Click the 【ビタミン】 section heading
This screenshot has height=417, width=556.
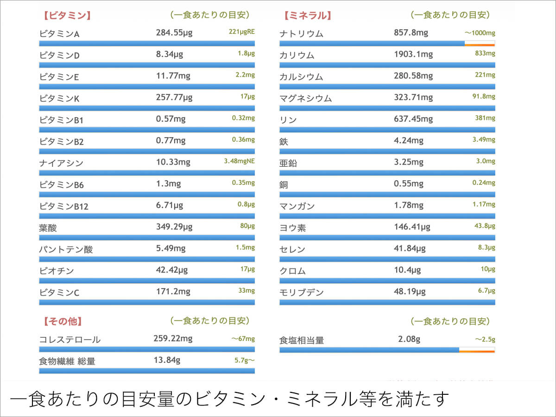pyautogui.click(x=67, y=15)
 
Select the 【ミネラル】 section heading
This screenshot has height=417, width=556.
pyautogui.click(x=308, y=15)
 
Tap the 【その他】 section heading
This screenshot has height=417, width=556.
pyautogui.click(x=63, y=321)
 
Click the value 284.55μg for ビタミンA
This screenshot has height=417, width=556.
pyautogui.click(x=174, y=33)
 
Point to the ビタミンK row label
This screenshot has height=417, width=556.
pyautogui.click(x=59, y=98)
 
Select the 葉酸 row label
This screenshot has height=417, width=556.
pyautogui.click(x=48, y=228)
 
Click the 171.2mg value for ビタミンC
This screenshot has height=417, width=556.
pyautogui.click(x=173, y=292)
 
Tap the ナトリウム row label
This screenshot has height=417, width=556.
pyautogui.click(x=302, y=34)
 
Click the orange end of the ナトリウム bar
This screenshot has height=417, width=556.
pyautogui.click(x=480, y=44)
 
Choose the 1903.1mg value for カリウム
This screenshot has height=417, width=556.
pyautogui.click(x=413, y=55)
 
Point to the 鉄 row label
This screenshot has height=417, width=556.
pyautogui.click(x=284, y=141)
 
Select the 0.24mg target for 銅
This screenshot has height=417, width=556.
pyautogui.click(x=484, y=183)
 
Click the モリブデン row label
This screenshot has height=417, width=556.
pyautogui.click(x=302, y=292)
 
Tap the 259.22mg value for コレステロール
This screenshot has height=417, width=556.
pyautogui.click(x=173, y=339)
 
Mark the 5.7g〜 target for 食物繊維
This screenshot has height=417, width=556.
pyautogui.click(x=244, y=359)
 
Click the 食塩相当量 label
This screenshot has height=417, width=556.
pyautogui.click(x=302, y=341)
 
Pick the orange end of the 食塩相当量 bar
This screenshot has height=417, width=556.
pyautogui.click(x=477, y=350)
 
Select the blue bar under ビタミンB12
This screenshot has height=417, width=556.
pyautogui.click(x=147, y=216)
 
